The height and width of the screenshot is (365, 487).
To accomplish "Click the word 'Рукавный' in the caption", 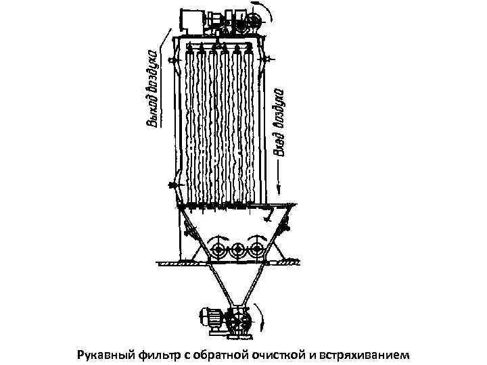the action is coord(104,354).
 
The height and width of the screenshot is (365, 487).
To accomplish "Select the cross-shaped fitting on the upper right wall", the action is coord(270,59).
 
